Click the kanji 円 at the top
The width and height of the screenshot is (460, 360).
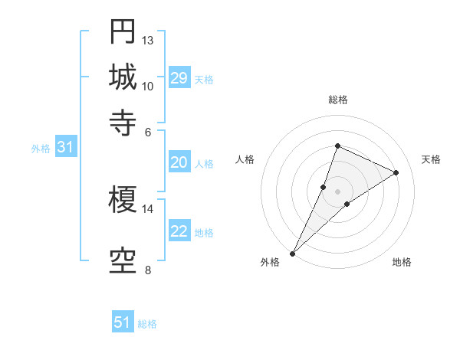[123, 32]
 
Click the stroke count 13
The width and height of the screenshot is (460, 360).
[148, 40]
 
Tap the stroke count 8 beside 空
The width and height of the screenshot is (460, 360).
[147, 270]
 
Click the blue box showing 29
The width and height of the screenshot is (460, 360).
[179, 78]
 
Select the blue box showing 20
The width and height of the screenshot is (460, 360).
[179, 162]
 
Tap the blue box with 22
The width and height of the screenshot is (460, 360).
[179, 232]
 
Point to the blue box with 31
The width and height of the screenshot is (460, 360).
[65, 148]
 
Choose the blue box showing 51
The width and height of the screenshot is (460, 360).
[123, 322]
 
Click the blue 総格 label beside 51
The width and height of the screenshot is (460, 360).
[147, 324]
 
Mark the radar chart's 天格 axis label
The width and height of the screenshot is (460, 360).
[431, 159]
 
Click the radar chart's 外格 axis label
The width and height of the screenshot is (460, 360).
[270, 262]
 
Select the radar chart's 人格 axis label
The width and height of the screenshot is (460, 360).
[245, 159]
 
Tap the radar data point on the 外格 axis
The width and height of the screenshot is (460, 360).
[293, 253]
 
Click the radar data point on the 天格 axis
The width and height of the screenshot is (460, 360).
[396, 173]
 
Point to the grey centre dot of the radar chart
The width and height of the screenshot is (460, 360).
[337, 191]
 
